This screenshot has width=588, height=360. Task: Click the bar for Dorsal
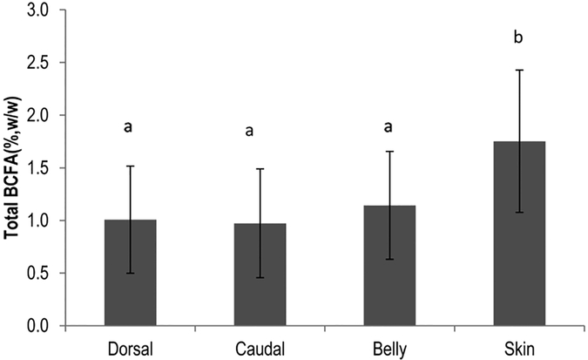(x=130, y=273)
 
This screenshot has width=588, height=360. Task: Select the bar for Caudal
(x=260, y=275)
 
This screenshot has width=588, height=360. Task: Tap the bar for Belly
(x=389, y=266)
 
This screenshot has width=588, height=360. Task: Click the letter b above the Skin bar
(x=520, y=37)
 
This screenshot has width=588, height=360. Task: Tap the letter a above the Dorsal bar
(x=129, y=127)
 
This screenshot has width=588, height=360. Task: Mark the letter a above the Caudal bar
(x=251, y=132)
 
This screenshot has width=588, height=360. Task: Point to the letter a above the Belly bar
(x=389, y=127)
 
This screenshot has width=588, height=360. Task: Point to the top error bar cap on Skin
(x=519, y=70)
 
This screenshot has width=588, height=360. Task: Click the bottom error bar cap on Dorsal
(x=130, y=273)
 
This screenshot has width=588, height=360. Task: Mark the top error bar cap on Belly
(x=389, y=152)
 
